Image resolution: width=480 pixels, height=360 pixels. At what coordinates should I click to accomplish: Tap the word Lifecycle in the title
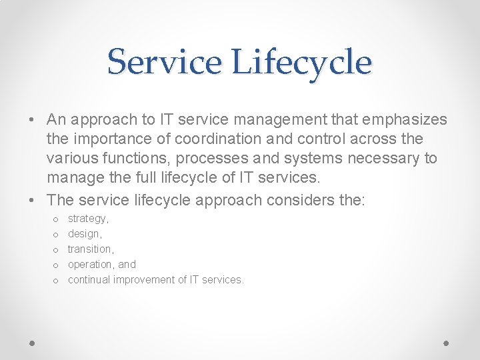302,62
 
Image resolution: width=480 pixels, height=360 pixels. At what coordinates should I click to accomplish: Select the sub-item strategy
88,219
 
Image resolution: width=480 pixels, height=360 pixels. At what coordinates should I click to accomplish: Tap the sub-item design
85,234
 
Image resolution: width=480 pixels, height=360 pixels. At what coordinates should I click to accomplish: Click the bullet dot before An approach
32,120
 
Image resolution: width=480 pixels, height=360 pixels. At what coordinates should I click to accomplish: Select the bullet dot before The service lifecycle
32,200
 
